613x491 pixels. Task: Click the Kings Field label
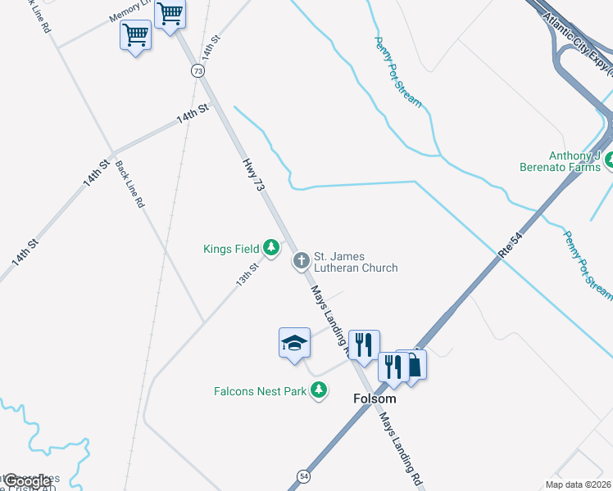232,248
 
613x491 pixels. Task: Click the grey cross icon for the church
301,260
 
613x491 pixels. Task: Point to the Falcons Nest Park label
259,391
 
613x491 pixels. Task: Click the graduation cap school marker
294,343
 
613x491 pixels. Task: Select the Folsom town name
374,399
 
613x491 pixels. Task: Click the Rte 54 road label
510,245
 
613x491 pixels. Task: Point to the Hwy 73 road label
255,174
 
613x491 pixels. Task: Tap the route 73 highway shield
198,71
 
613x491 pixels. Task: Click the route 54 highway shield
304,475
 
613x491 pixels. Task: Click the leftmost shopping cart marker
135,35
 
